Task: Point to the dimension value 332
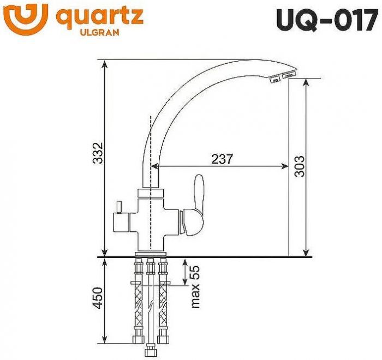click(x=97, y=155)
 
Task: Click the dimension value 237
click(x=222, y=159)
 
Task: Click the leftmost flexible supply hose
click(x=138, y=305)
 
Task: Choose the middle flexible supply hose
click(x=150, y=305)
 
